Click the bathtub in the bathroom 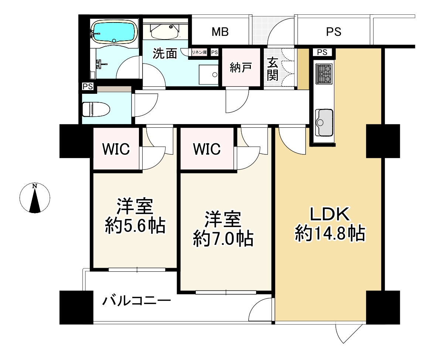(x=114, y=32)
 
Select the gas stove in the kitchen (x=324, y=73)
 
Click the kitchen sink (x=324, y=122)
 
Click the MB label (x=220, y=32)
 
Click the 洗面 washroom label (x=165, y=54)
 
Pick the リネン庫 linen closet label (x=199, y=52)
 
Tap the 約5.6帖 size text (x=135, y=226)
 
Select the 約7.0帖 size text (x=223, y=239)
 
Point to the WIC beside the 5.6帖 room (x=116, y=149)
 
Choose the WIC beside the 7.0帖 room (x=207, y=149)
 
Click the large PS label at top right (x=333, y=32)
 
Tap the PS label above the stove (x=322, y=52)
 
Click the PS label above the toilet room (x=88, y=87)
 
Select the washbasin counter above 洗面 (x=164, y=31)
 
